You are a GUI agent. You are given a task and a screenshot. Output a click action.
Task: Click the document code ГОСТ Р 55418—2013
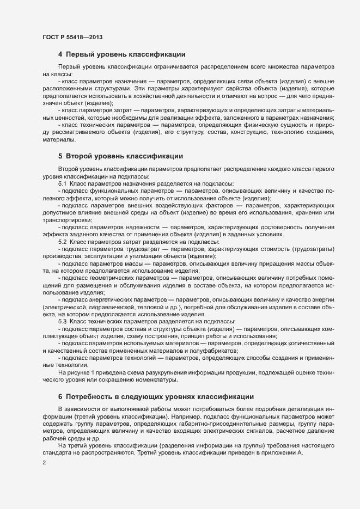[x=72, y=37]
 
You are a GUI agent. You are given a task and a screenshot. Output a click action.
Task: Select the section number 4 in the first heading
[x=60, y=54]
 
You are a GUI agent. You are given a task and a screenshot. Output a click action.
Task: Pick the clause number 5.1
[x=62, y=183]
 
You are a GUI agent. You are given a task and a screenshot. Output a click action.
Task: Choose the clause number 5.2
[x=62, y=241]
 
